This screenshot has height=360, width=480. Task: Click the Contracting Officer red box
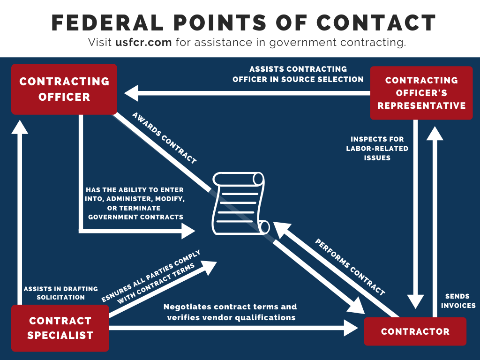click(x=64, y=89)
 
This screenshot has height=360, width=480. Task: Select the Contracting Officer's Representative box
click(x=421, y=93)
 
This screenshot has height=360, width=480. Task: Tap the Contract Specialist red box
click(x=60, y=328)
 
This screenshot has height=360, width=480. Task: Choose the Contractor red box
click(x=415, y=331)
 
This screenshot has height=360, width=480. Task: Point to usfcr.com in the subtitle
click(x=144, y=43)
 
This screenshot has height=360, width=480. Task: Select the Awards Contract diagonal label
click(x=164, y=138)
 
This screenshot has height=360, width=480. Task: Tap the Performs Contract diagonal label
click(x=350, y=267)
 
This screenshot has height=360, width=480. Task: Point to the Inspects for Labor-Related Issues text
click(x=377, y=149)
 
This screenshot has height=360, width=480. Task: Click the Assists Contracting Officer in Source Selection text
click(x=298, y=74)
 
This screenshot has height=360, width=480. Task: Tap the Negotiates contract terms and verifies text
click(x=231, y=312)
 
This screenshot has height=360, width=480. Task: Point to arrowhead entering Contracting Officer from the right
click(x=131, y=93)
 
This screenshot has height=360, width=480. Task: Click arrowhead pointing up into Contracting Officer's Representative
click(x=435, y=134)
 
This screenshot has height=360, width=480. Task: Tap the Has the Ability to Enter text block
click(x=135, y=203)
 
